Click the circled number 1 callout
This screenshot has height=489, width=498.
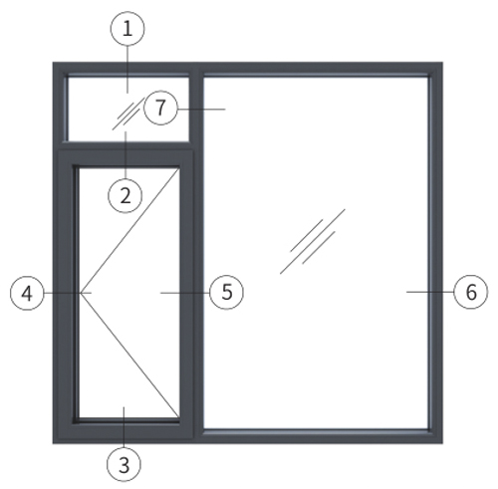click(127, 29)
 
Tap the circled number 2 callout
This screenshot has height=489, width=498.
click(125, 196)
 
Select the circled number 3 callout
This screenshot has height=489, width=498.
click(124, 464)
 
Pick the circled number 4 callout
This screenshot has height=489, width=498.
click(27, 293)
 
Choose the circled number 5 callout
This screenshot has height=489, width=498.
click(227, 293)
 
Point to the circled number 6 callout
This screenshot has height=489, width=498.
click(471, 292)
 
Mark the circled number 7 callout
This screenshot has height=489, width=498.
click(160, 108)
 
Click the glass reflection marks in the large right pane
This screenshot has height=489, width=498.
click(313, 241)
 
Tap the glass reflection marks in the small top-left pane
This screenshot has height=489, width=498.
click(129, 114)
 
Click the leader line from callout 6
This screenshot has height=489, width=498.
click(430, 292)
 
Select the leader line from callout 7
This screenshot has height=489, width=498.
click(201, 109)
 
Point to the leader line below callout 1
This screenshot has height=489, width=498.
click(127, 69)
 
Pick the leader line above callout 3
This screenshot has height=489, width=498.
click(124, 427)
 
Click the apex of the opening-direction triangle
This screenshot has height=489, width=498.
click(81, 293)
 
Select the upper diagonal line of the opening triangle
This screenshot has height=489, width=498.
click(129, 231)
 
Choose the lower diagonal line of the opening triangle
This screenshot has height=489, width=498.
click(129, 355)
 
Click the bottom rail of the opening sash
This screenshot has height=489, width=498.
click(126, 430)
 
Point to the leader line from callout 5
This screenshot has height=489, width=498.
click(185, 293)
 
